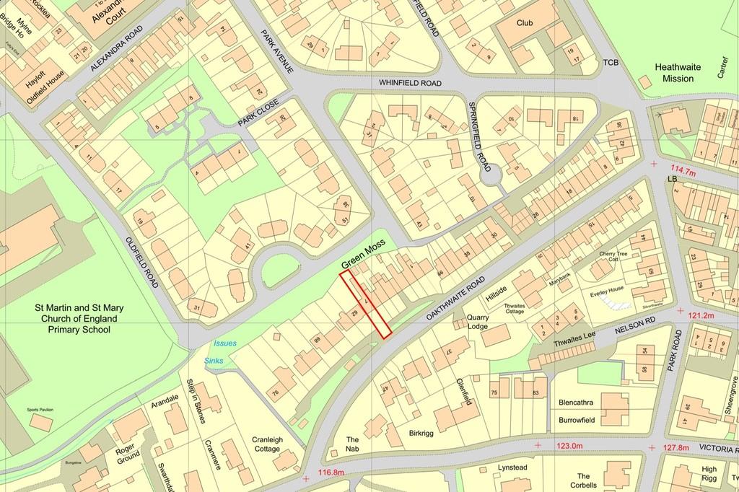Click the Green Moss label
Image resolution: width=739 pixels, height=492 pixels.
pos(364,256)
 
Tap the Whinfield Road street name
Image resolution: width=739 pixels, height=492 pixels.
pos(410,84)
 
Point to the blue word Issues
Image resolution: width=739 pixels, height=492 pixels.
pos(225,344)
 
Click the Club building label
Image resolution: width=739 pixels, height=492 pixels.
pos(525,22)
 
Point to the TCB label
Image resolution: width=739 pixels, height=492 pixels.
pos(611,63)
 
